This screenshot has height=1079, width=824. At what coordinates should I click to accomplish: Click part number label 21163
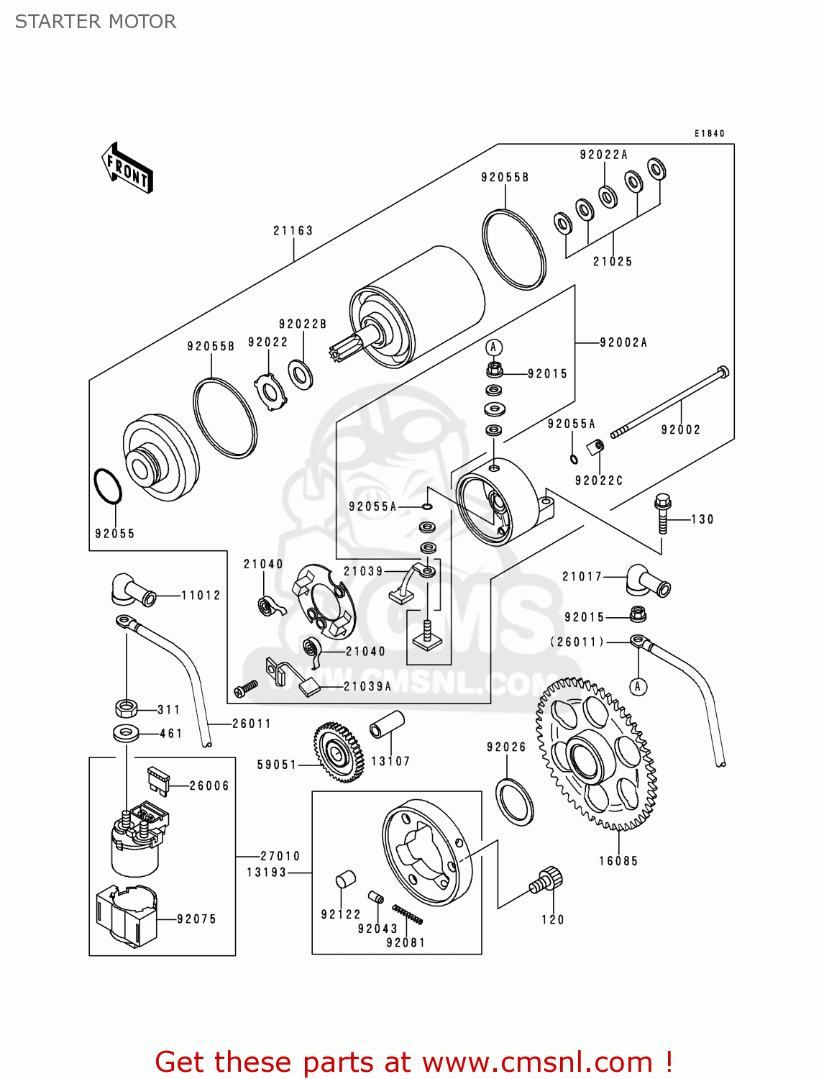coord(293,231)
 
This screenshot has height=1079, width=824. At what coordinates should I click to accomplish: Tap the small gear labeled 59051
coord(338,752)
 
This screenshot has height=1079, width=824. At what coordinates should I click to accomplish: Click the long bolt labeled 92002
coord(669,402)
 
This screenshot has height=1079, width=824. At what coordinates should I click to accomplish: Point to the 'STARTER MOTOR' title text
coord(96,22)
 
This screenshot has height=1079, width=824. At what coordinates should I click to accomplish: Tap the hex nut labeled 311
coord(126,708)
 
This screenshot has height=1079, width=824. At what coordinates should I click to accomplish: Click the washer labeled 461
coord(127,734)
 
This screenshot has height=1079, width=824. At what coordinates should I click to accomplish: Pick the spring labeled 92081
coord(408,914)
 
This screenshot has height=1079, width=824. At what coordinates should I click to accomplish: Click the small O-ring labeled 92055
coord(109,487)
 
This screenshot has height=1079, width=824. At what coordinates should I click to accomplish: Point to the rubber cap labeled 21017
coord(647,581)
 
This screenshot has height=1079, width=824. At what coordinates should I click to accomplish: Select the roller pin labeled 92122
coord(346,880)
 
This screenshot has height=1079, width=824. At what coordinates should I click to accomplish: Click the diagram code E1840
coord(709,134)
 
